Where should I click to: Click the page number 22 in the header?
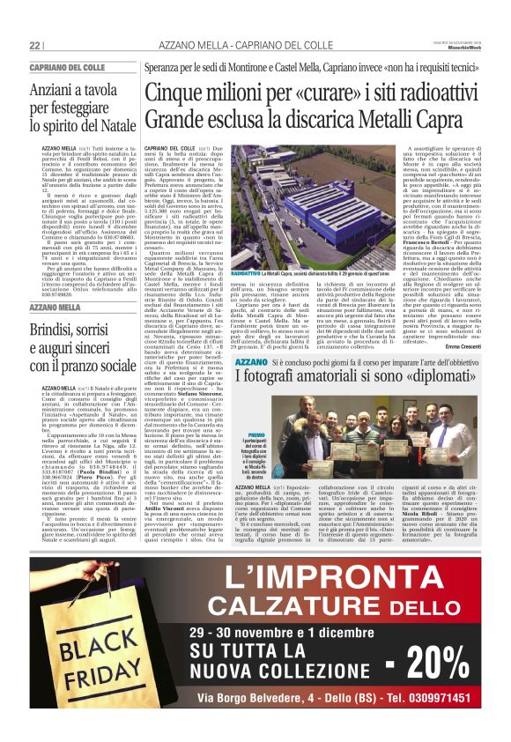click(x=34, y=46)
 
